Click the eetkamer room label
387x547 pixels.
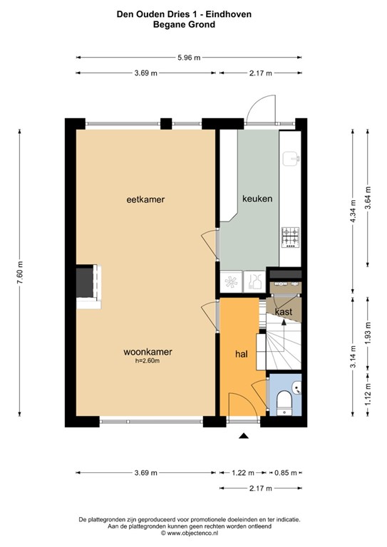click(145, 199)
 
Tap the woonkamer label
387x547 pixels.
click(148, 352)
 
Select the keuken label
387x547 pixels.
click(257, 199)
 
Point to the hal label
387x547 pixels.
click(242, 354)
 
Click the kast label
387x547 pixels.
click(284, 311)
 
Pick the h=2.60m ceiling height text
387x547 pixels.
click(148, 361)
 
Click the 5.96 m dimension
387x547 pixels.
click(189, 58)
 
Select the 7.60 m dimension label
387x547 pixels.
click(19, 273)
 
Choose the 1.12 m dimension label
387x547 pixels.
click(368, 394)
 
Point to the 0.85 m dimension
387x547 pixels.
click(286, 473)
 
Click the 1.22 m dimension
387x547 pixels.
click(243, 473)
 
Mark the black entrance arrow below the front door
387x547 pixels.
click(244, 435)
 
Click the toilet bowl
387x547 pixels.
click(284, 402)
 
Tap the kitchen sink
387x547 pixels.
click(291, 159)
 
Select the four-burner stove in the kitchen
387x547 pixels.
click(291, 238)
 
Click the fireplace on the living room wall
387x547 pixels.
click(88, 286)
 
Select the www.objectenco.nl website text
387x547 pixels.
click(192, 533)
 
